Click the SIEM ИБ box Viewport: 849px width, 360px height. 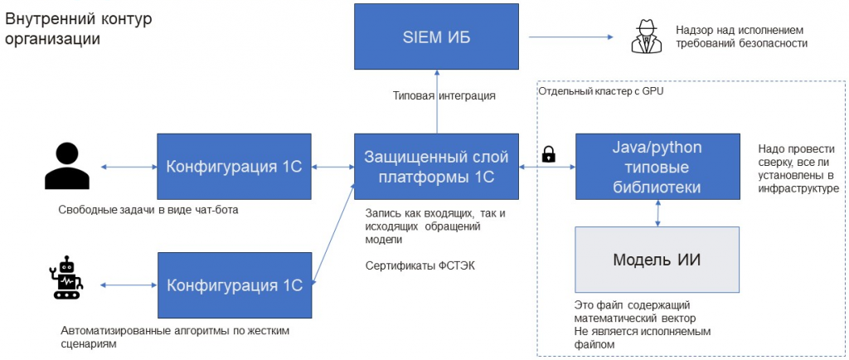tap(438, 37)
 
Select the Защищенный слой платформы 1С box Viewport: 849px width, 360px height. tap(436, 167)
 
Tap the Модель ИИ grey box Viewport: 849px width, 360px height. tap(657, 260)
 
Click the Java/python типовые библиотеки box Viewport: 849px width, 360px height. tap(657, 167)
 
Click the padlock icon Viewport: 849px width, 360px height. tap(548, 154)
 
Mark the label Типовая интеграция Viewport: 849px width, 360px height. tap(444, 96)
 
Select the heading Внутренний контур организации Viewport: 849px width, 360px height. tap(79, 29)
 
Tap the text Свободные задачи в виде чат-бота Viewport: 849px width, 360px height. tap(148, 210)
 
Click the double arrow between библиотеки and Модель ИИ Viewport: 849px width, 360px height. tap(658, 213)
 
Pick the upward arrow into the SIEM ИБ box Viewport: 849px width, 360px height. tap(437, 116)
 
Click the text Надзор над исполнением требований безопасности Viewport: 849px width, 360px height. tap(741, 37)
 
